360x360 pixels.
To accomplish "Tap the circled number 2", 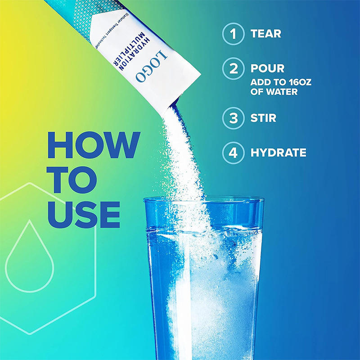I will point(233,69).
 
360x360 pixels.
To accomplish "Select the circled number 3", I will point(233,118).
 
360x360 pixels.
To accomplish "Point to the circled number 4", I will point(233,153).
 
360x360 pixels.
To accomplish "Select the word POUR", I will point(267,69).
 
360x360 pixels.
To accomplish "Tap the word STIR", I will point(263,118).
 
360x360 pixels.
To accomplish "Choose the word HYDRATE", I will point(278,153).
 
